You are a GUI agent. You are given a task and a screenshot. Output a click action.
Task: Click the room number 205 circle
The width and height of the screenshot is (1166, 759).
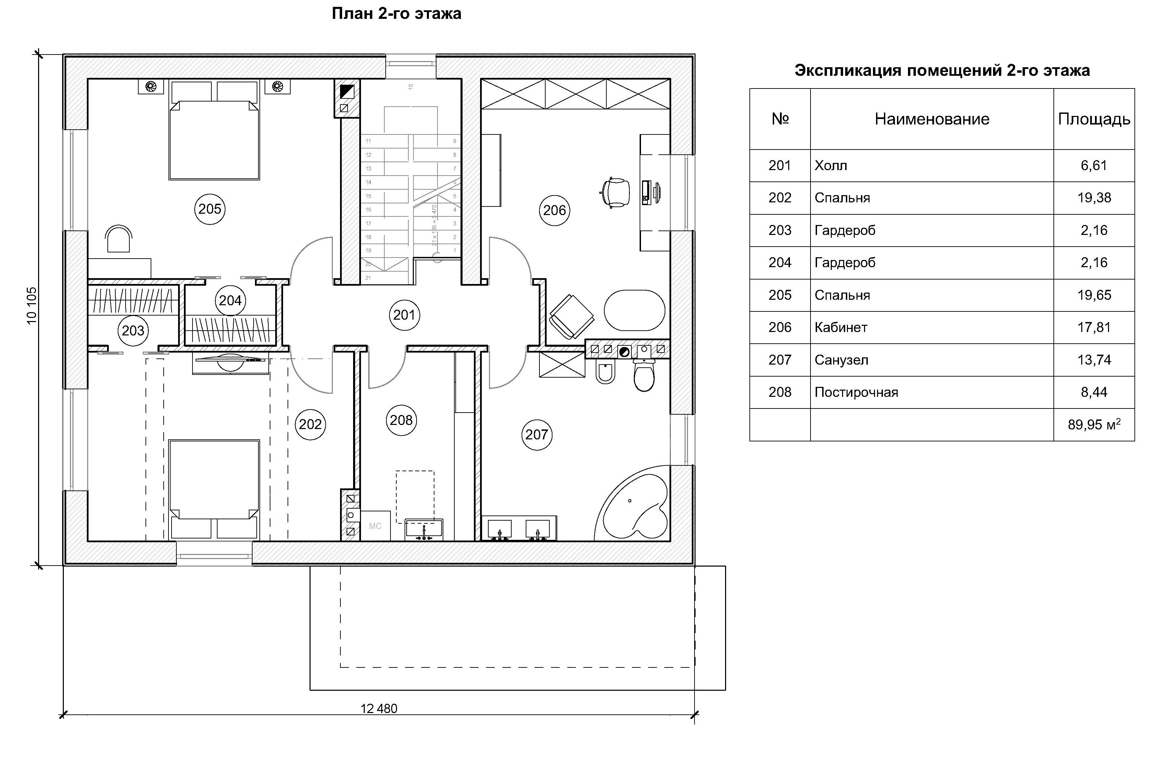[x=210, y=209]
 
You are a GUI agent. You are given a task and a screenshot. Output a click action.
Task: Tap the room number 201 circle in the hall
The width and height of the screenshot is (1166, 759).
[x=404, y=315]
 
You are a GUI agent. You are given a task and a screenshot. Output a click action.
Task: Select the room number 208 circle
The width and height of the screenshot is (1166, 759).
[x=401, y=420]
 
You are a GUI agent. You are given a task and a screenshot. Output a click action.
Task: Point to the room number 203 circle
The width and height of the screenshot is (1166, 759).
[x=133, y=331]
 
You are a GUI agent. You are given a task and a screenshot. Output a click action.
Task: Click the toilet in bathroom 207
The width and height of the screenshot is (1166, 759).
[x=644, y=376]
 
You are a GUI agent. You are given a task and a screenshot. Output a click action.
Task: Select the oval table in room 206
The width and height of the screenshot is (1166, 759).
[x=634, y=310]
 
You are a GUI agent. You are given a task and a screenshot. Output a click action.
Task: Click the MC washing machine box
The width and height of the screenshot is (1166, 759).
[x=375, y=526]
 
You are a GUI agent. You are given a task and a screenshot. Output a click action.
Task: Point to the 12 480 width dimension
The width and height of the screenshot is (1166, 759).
[x=379, y=708]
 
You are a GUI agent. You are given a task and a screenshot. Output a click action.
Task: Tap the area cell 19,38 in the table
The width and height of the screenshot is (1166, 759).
[x=1094, y=198]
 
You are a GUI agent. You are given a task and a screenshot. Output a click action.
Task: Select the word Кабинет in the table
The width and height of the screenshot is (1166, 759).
[x=841, y=328]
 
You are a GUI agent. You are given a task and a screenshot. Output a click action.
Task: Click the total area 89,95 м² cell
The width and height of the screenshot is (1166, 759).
[x=1094, y=425]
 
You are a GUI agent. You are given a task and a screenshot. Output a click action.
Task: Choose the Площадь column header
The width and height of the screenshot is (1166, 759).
[x=1094, y=119]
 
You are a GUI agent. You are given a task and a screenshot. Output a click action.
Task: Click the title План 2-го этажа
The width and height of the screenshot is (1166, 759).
[x=396, y=14]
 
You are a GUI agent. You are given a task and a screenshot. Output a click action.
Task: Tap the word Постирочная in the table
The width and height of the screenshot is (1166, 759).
[x=856, y=392]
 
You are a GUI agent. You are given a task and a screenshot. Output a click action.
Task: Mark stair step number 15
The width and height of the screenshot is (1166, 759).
[x=369, y=196]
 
